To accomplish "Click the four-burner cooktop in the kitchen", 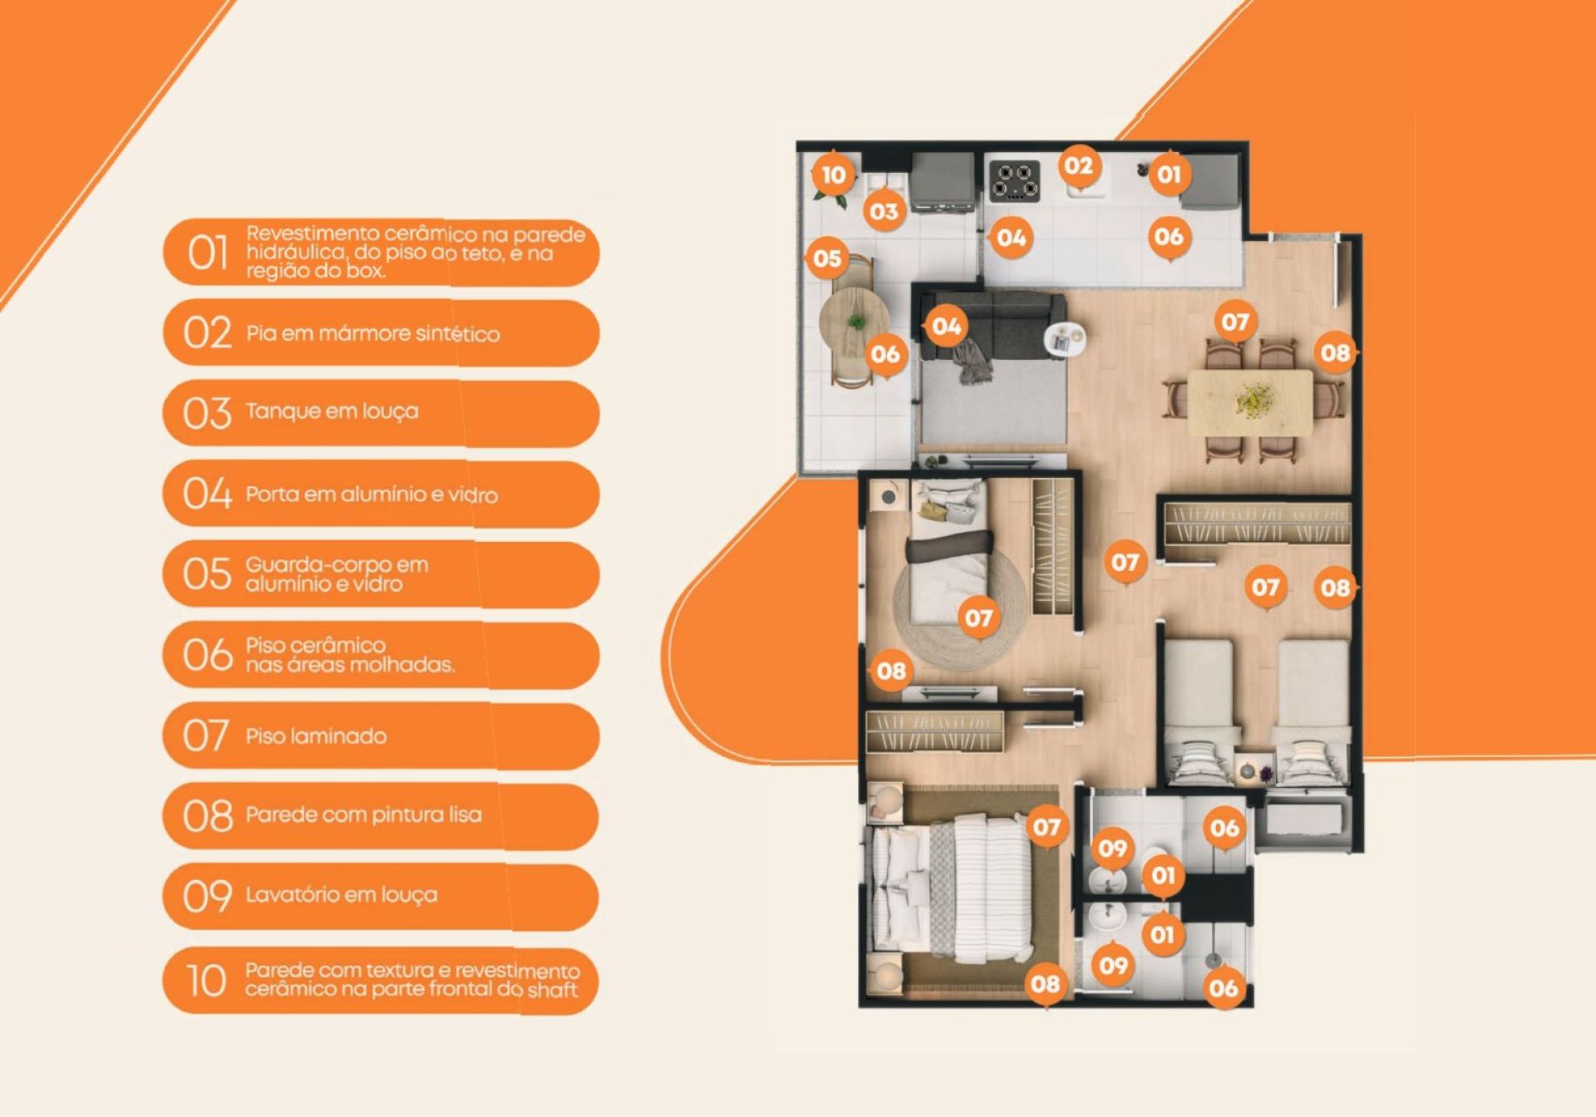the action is click(1014, 181).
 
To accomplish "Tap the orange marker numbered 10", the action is click(833, 175).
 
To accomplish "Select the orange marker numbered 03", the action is click(884, 212).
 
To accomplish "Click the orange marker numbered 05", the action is click(827, 258).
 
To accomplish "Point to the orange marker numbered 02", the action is click(1079, 166).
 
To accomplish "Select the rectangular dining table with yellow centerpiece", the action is click(1250, 402).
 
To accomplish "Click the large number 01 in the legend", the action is click(207, 253).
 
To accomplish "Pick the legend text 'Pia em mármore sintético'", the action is click(372, 334).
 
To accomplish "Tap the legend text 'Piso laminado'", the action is click(316, 736).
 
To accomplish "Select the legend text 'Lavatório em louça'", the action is click(341, 895).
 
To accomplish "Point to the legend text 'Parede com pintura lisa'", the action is click(363, 814).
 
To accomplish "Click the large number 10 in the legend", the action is click(206, 981).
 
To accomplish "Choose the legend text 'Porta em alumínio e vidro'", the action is click(372, 495).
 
